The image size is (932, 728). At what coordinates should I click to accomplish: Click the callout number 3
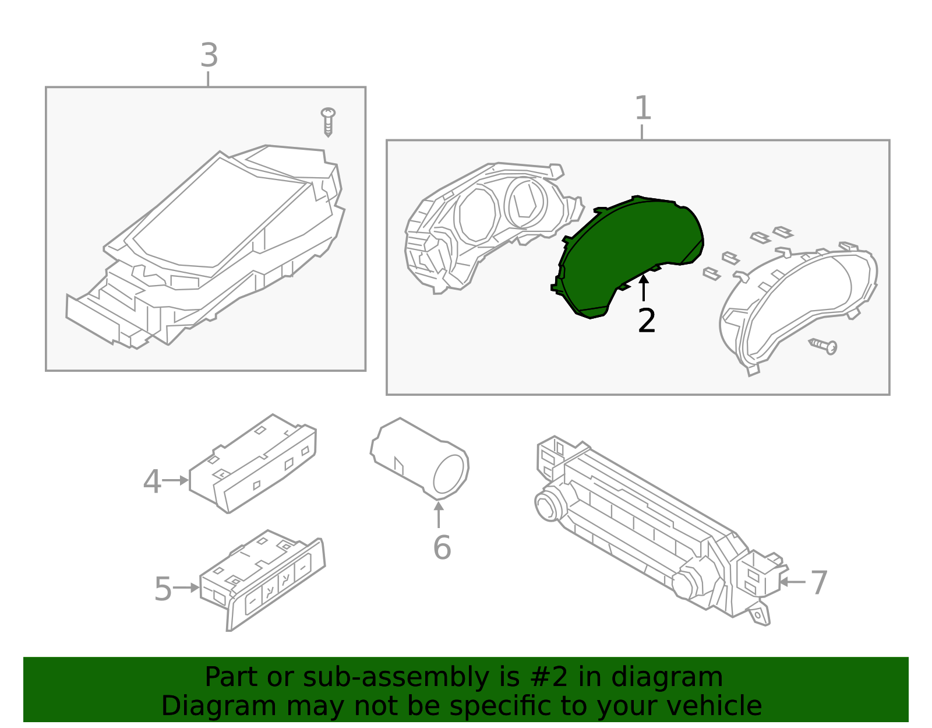pyautogui.click(x=209, y=56)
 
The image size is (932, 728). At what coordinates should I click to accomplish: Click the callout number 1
pyautogui.click(x=642, y=108)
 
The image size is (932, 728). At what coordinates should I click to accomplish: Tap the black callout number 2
pyautogui.click(x=647, y=321)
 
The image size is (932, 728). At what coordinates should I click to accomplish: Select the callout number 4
pyautogui.click(x=152, y=482)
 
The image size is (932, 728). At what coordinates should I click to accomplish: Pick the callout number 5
pyautogui.click(x=163, y=589)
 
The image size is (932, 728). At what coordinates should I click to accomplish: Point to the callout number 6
pyautogui.click(x=442, y=548)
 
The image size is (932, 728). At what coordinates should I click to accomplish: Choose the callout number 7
pyautogui.click(x=819, y=583)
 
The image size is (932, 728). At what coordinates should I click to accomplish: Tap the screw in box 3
pyautogui.click(x=329, y=121)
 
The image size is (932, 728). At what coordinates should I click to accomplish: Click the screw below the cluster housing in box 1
pyautogui.click(x=825, y=346)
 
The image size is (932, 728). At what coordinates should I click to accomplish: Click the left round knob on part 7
pyautogui.click(x=548, y=505)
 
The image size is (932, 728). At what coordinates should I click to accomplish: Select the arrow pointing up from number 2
pyautogui.click(x=644, y=289)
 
